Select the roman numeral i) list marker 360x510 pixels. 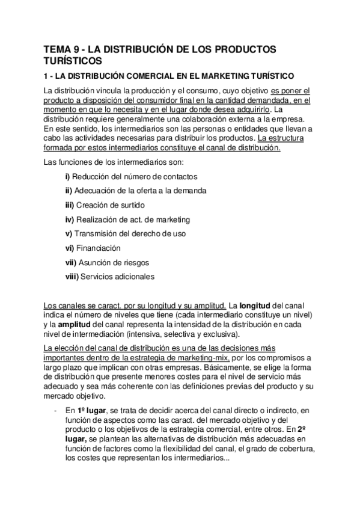click(x=67, y=176)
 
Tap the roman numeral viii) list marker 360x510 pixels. click(x=71, y=277)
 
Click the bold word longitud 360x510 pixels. click(x=259, y=306)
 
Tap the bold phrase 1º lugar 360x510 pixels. click(x=88, y=411)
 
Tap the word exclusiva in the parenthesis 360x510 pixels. click(x=221, y=334)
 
